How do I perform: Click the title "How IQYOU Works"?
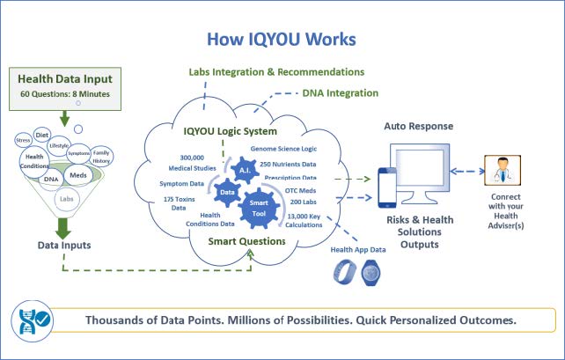click(282, 40)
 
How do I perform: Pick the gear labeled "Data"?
click(227, 190)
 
